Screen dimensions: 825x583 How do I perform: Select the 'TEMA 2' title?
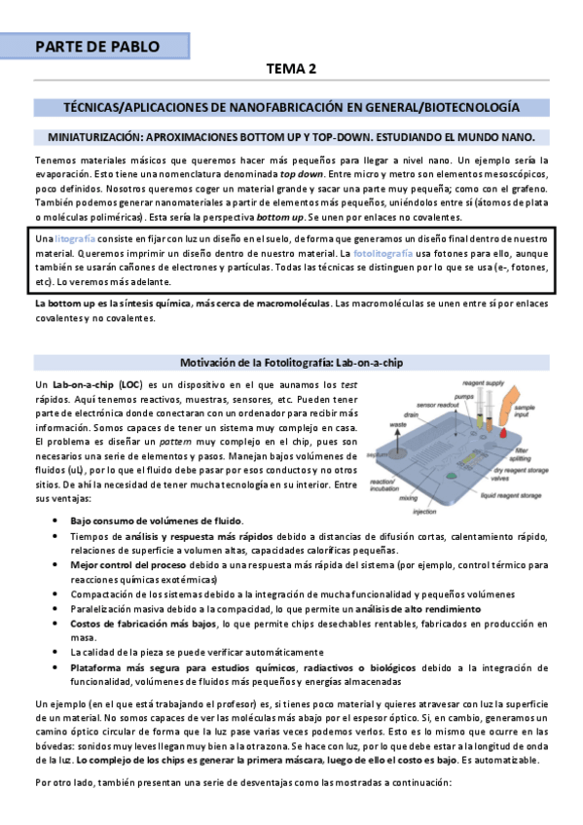pyautogui.click(x=291, y=69)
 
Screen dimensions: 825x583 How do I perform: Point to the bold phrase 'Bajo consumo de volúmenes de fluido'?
pyautogui.click(x=156, y=521)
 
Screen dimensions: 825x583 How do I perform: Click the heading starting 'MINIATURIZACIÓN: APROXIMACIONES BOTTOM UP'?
pyautogui.click(x=291, y=135)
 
